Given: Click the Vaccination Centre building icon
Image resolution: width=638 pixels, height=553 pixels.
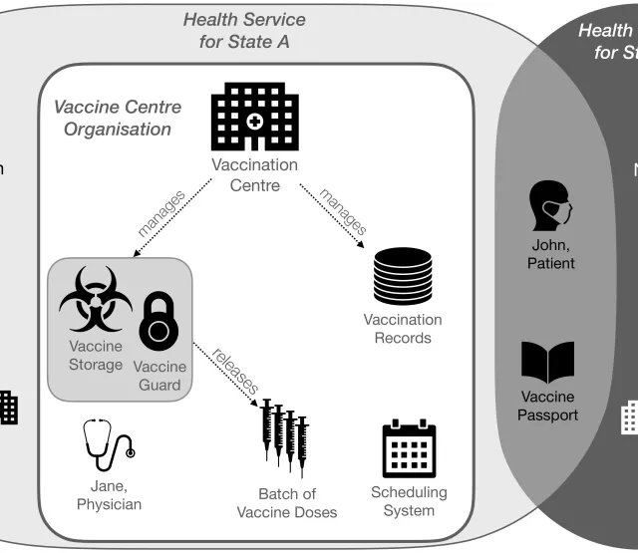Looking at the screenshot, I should pyautogui.click(x=254, y=115).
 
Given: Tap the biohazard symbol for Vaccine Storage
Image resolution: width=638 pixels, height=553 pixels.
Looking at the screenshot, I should pyautogui.click(x=95, y=300).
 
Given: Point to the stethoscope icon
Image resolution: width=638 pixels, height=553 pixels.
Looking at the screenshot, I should pyautogui.click(x=108, y=445).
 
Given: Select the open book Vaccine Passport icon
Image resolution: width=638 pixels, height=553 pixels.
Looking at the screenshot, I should pyautogui.click(x=548, y=364).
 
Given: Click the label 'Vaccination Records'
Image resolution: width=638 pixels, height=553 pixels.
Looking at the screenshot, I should pyautogui.click(x=402, y=329).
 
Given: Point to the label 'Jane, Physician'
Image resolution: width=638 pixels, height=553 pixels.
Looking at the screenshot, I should pyautogui.click(x=109, y=494).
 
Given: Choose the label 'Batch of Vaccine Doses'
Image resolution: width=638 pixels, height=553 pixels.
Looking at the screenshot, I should pyautogui.click(x=286, y=502).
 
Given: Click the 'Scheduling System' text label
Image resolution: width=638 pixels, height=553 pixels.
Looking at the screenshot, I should pyautogui.click(x=409, y=501).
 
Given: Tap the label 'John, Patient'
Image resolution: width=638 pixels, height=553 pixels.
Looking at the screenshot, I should pyautogui.click(x=550, y=253).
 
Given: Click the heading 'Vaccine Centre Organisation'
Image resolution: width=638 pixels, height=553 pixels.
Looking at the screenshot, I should pyautogui.click(x=112, y=117).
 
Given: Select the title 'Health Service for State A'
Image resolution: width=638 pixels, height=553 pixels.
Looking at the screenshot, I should pyautogui.click(x=244, y=31).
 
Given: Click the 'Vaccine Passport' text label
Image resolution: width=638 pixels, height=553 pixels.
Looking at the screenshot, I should pyautogui.click(x=547, y=406).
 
